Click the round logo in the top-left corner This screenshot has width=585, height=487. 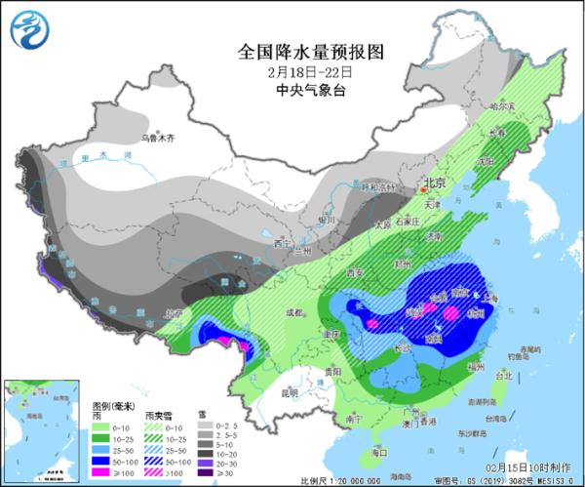[30, 29]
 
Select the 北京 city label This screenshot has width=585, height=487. [434, 183]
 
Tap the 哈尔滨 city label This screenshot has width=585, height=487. [500, 105]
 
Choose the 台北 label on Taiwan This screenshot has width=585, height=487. [504, 375]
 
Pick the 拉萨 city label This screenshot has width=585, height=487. [175, 313]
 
